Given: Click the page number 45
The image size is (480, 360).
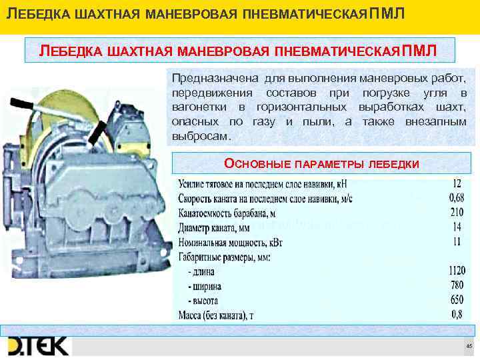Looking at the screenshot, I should point(469,346).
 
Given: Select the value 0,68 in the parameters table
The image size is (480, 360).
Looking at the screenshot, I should point(456,198).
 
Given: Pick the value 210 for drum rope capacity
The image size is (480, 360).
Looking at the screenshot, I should point(456,213).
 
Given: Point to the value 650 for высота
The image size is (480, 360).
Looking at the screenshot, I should point(456,300).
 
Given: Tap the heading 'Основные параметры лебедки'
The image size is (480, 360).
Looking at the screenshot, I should point(321,163).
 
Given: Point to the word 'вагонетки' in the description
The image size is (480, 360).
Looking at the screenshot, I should point(199,107).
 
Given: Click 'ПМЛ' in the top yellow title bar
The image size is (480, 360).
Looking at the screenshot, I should point(385,15).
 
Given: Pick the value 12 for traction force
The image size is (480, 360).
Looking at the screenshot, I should point(457,183).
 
